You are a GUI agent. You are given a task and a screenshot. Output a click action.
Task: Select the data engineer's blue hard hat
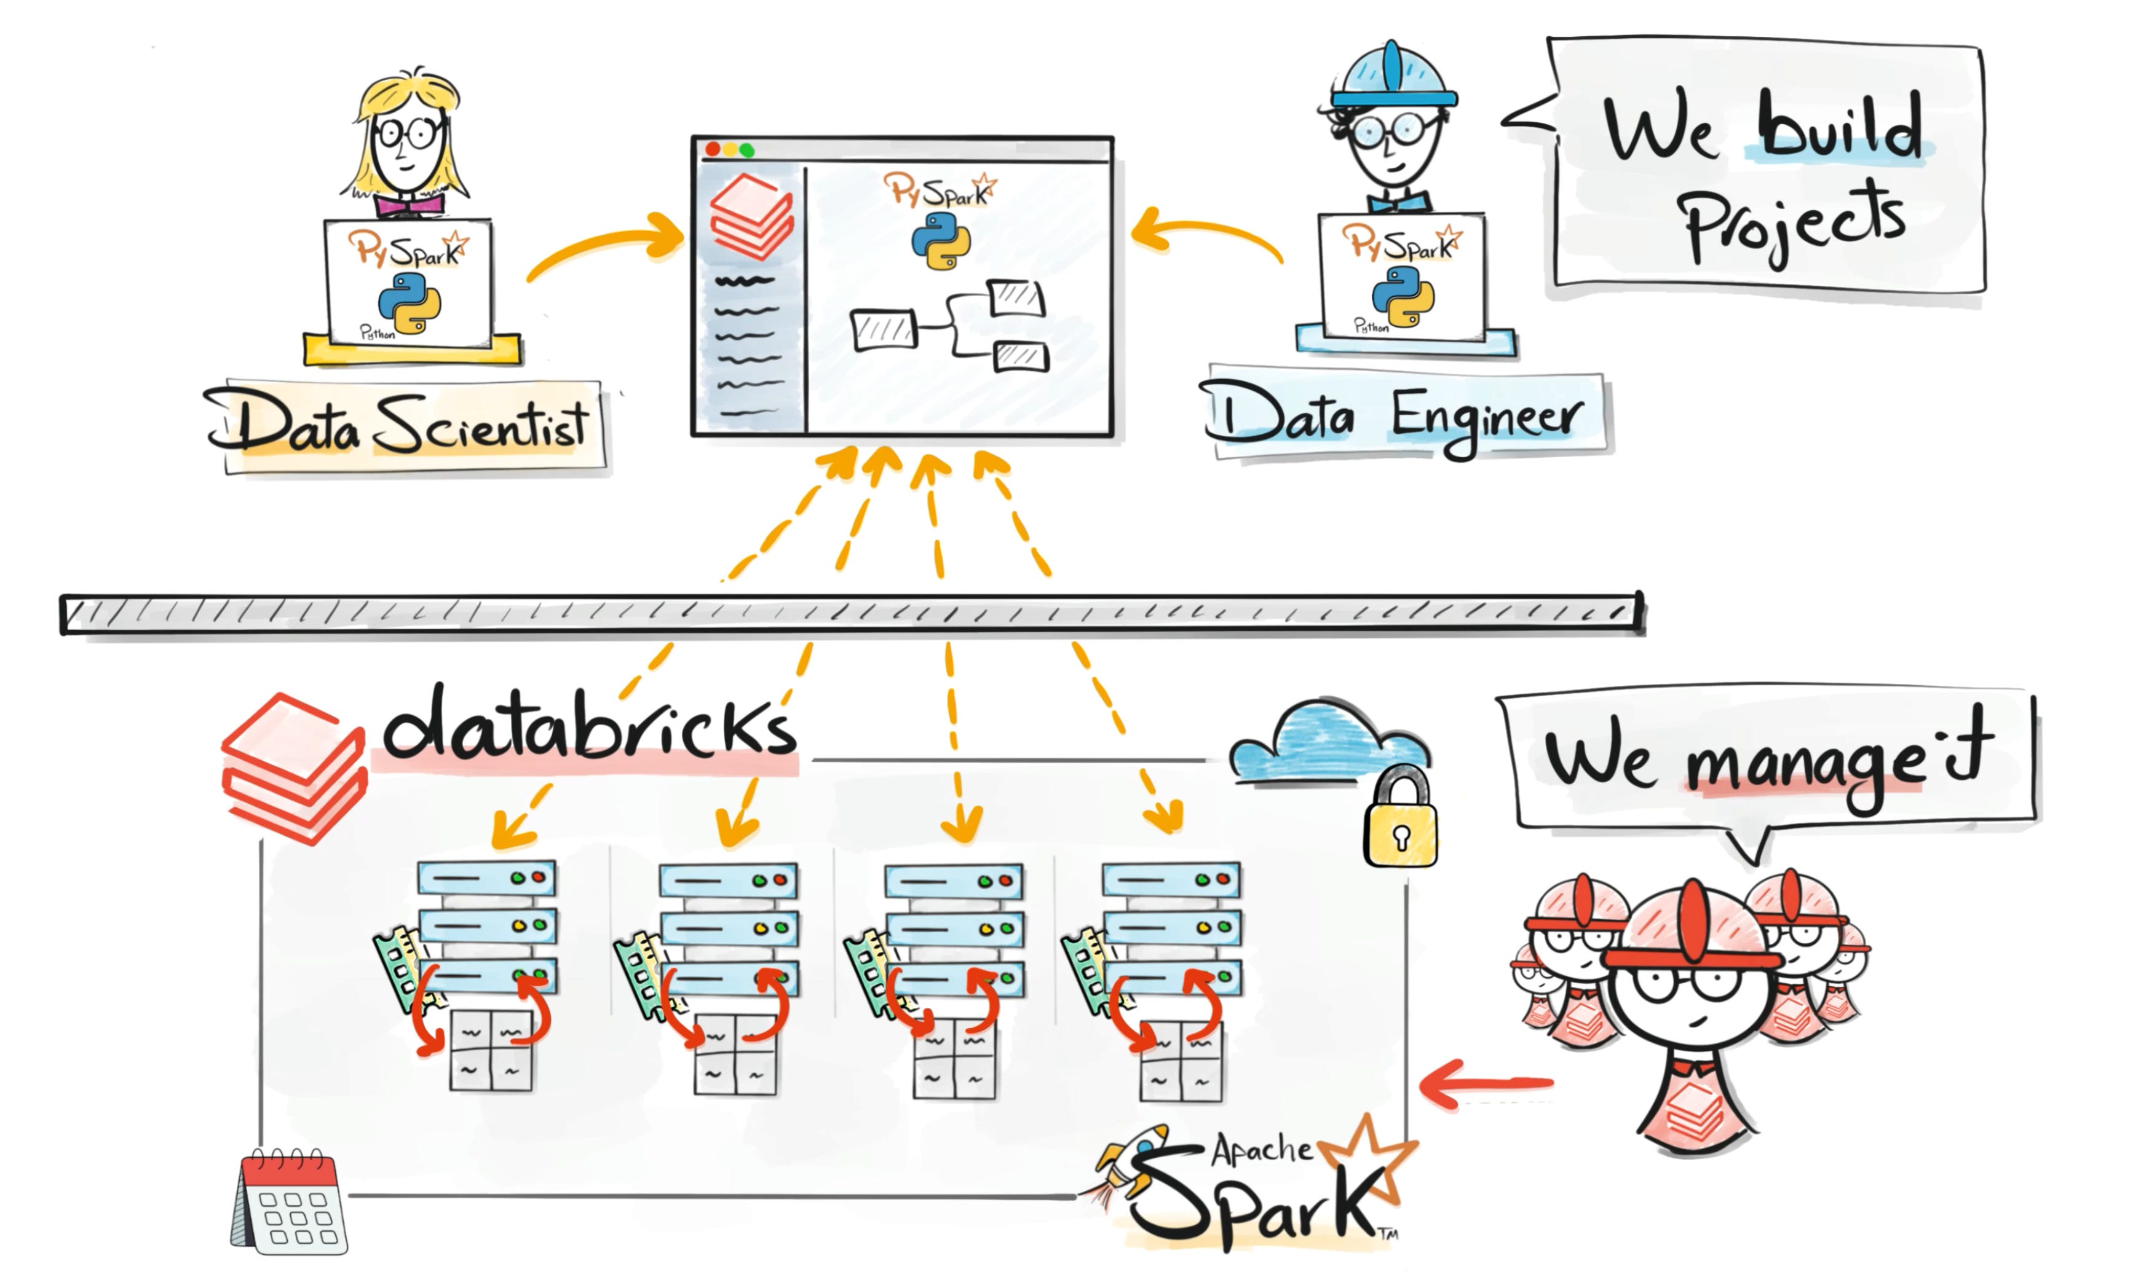click(1393, 78)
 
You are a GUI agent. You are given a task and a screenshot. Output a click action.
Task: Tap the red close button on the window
click(713, 150)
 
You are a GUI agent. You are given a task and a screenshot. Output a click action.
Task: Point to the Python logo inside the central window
click(940, 240)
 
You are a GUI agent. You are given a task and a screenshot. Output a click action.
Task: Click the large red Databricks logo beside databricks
click(293, 768)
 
